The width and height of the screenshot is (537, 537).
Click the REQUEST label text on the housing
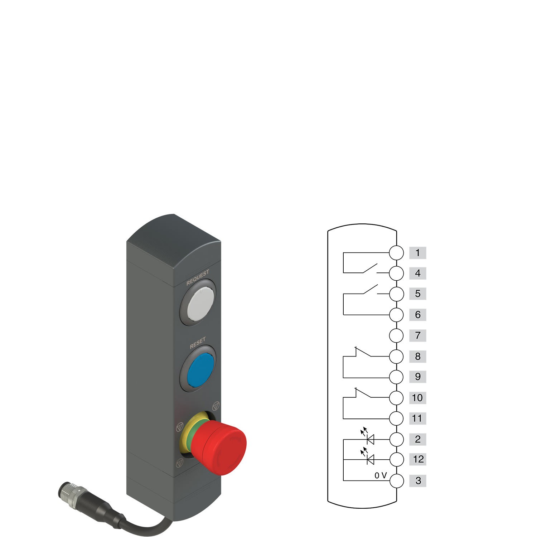tap(198, 277)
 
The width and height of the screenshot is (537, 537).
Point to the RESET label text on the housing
tap(198, 343)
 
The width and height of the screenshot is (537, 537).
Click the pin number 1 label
tap(417, 253)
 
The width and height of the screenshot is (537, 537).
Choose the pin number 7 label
tap(417, 335)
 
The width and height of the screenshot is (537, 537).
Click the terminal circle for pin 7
tap(396, 336)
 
